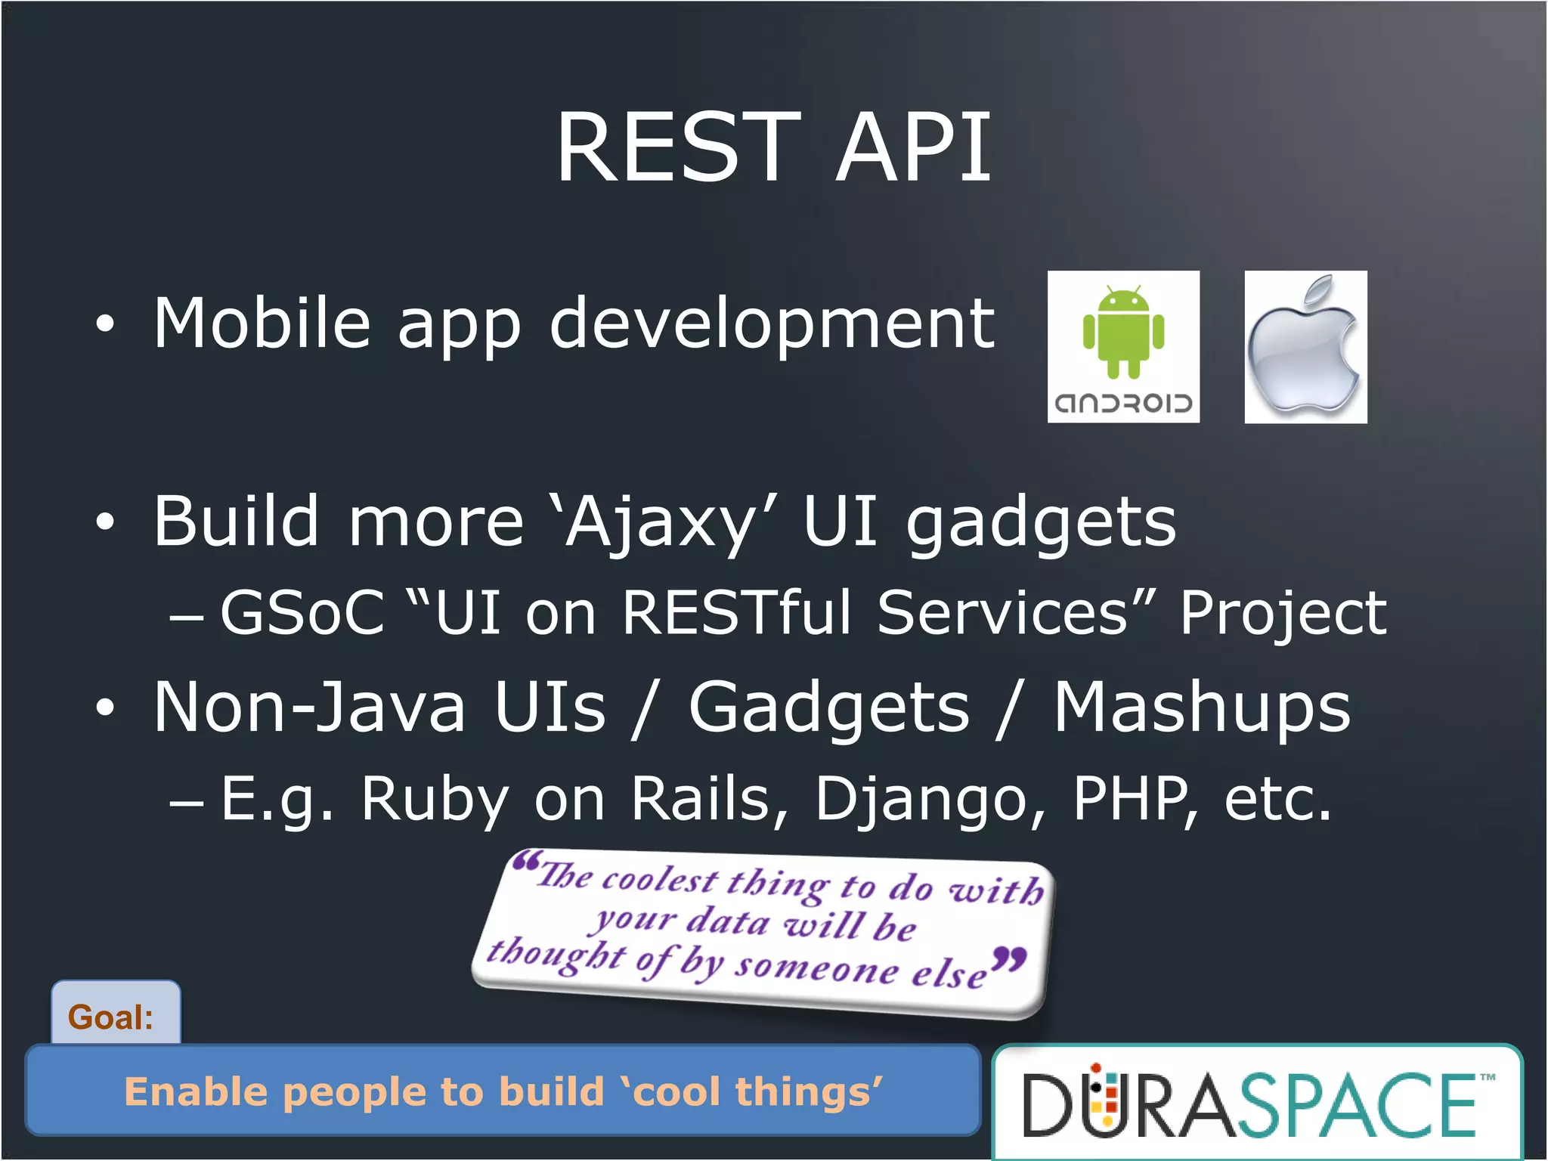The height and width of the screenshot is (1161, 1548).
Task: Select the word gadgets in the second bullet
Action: pyautogui.click(x=1041, y=523)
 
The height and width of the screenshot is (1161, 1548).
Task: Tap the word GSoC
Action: pyautogui.click(x=302, y=612)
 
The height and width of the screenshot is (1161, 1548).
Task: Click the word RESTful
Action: pyautogui.click(x=737, y=612)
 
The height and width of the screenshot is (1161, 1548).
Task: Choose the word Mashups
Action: pyautogui.click(x=1201, y=708)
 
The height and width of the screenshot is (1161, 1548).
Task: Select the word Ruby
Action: pyautogui.click(x=435, y=800)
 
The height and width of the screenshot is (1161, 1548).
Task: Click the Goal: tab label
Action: pyautogui.click(x=111, y=1017)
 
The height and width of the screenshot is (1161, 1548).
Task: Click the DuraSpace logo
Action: pyautogui.click(x=1256, y=1104)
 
